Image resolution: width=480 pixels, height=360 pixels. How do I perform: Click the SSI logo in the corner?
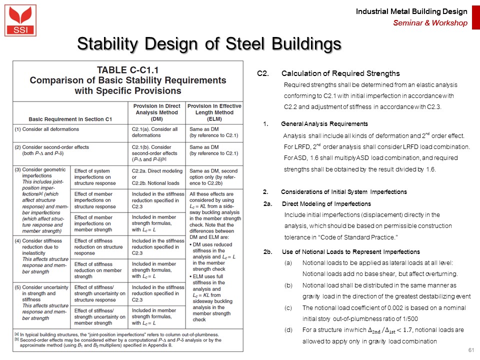20,20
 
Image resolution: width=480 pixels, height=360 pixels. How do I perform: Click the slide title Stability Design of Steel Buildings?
209,44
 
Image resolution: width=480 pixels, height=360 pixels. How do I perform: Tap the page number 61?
470,349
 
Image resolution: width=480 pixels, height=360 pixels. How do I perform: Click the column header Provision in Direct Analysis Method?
156,112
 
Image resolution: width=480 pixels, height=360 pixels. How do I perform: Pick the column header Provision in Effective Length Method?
214,112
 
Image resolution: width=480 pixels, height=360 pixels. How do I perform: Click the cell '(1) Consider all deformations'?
47,129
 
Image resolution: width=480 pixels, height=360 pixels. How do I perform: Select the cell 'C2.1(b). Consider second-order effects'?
155,153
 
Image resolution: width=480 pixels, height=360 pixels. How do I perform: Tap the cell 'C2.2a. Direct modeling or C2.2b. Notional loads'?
155,177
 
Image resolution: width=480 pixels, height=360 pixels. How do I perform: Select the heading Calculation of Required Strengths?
340,74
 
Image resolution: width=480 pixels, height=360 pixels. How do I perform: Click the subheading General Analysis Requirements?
324,123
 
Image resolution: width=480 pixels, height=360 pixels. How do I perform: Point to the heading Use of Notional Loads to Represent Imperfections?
351,251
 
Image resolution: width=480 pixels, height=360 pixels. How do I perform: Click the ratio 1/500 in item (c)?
411,318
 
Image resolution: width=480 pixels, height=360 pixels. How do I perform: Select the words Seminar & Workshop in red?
430,23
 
